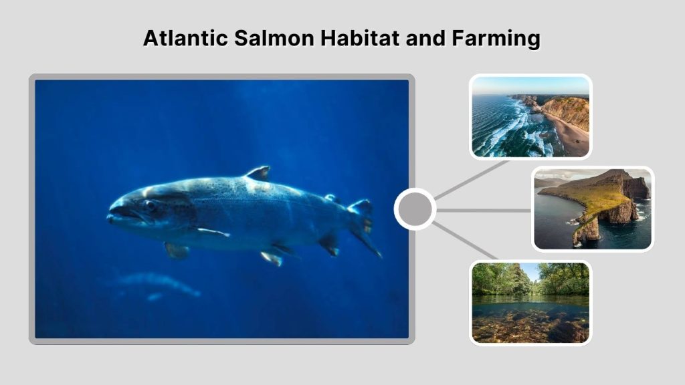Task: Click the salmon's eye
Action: pos(148,205)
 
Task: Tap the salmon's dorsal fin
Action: pos(259,173)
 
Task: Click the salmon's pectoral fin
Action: pos(213,232)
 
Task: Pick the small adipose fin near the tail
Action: pos(330,198)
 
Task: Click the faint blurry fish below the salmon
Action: pos(157,284)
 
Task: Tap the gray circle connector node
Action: pos(415,209)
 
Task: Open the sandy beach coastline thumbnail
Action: pos(530,117)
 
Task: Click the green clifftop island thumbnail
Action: pos(592,209)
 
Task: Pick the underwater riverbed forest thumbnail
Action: pos(530,302)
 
